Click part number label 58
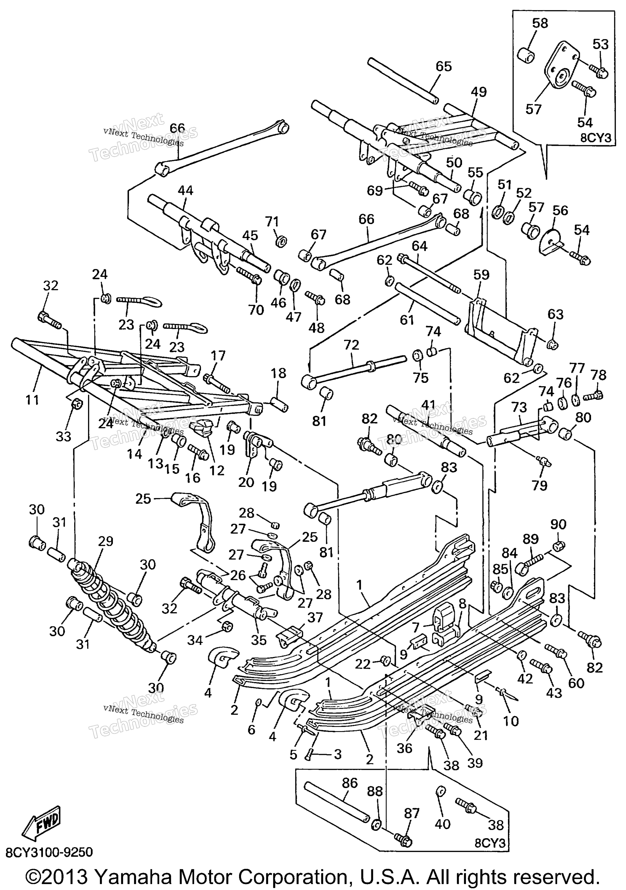[540, 23]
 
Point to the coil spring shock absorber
[112, 604]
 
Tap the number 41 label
[429, 405]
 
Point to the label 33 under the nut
[64, 436]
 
